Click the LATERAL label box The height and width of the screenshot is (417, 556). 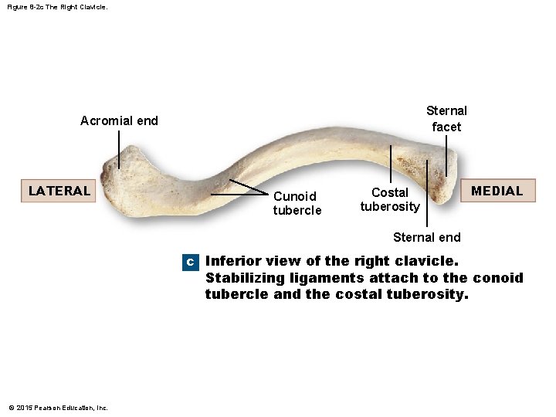pos(59,191)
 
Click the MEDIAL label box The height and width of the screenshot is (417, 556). pos(497,191)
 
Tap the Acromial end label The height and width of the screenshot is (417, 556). pos(119,120)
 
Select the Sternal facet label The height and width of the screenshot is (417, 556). pos(446,118)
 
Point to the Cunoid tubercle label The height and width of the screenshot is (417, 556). pos(297,203)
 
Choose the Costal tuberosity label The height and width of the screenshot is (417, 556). pos(390,199)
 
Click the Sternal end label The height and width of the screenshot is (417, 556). pos(426,237)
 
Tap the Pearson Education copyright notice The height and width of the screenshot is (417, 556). pos(59,408)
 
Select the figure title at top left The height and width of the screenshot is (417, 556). pos(53,6)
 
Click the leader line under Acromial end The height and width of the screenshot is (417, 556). pos(119,148)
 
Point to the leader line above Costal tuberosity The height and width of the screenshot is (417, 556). pos(391,164)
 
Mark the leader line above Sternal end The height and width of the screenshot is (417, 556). pos(427,193)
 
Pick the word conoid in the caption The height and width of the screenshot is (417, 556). pos(498,278)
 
